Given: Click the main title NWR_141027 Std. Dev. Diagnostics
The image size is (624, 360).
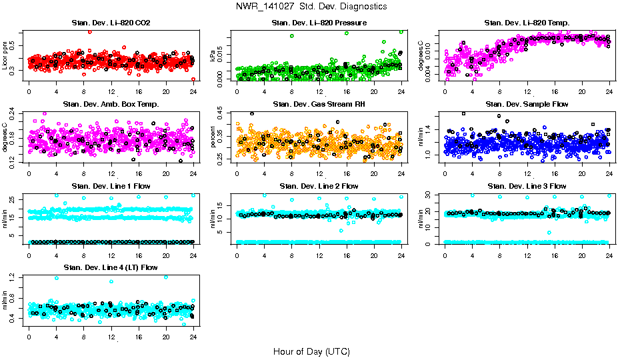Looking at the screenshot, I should [311, 7].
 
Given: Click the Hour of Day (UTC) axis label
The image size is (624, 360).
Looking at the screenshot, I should [311, 351].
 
